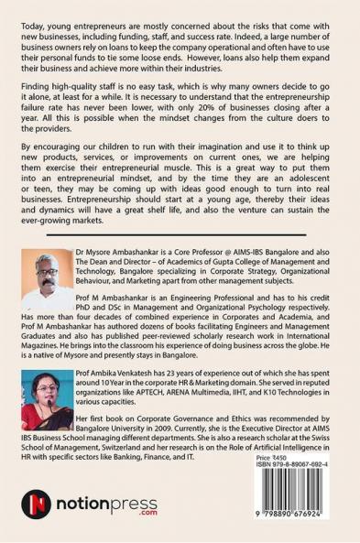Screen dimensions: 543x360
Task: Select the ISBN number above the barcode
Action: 299,464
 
